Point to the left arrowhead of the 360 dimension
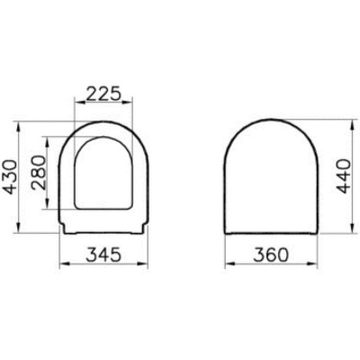[225, 265]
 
